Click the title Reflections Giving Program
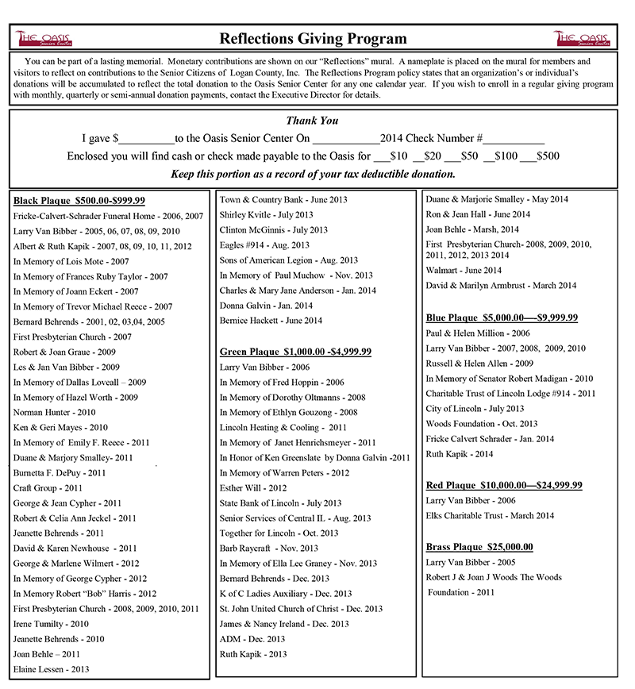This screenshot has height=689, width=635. point(313,38)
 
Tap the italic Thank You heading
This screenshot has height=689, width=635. point(312,121)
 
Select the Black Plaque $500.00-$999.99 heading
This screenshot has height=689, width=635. point(79,201)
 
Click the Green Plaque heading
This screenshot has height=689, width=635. point(295,352)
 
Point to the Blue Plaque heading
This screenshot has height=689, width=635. point(502,318)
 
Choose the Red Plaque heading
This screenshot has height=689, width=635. point(504,485)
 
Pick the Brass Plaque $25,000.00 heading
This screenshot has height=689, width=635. point(479,547)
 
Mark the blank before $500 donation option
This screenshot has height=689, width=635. point(527,156)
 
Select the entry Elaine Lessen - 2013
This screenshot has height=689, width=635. point(51,669)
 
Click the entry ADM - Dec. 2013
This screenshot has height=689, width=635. point(252,638)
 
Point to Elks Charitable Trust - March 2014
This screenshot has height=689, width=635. point(489,516)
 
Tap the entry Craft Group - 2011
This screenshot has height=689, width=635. point(48,488)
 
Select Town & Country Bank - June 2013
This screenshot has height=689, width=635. point(283,200)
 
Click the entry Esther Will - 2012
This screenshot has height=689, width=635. point(253,488)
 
